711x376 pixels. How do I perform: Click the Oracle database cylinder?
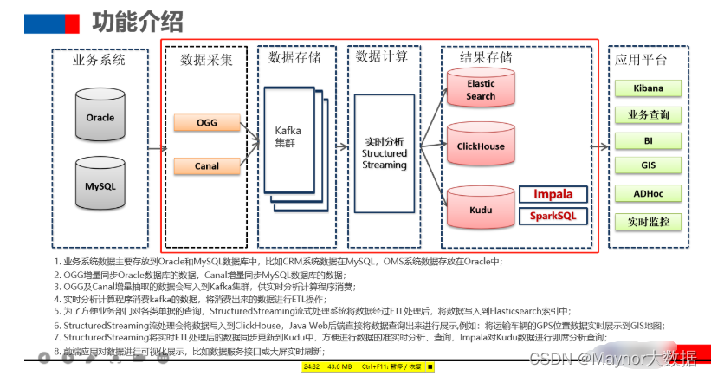pyautogui.click(x=100, y=118)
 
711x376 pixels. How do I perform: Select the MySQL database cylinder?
pyautogui.click(x=100, y=185)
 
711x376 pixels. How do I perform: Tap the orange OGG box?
pyautogui.click(x=206, y=123)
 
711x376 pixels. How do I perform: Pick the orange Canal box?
pyautogui.click(x=206, y=165)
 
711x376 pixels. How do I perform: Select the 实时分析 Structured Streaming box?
pyautogui.click(x=384, y=153)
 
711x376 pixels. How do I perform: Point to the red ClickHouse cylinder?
pyautogui.click(x=480, y=146)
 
